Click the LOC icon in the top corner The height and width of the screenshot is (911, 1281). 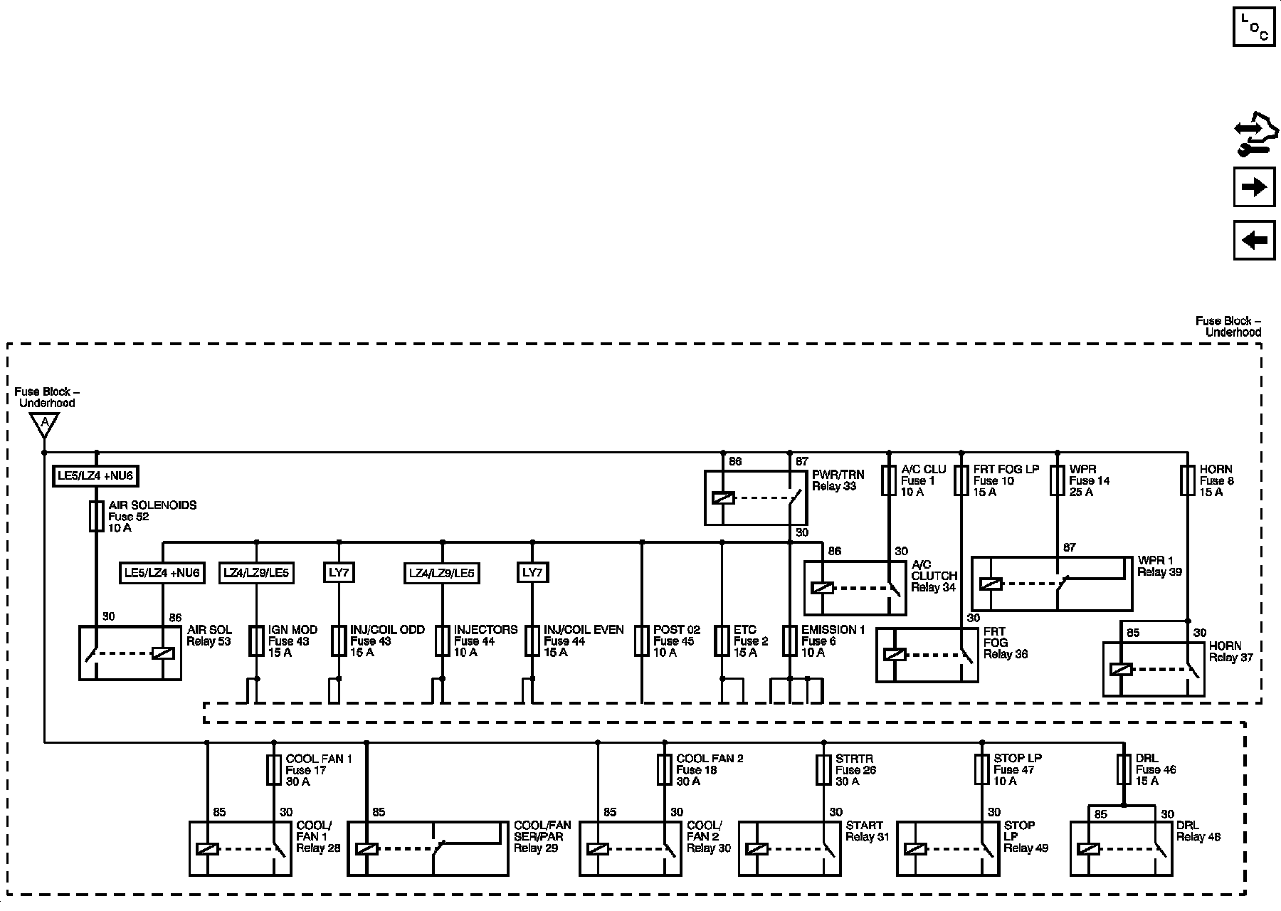[x=1254, y=26]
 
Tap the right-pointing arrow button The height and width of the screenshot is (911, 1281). [x=1254, y=187]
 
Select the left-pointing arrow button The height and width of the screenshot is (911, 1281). [x=1254, y=240]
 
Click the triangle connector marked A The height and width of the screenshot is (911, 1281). [x=44, y=425]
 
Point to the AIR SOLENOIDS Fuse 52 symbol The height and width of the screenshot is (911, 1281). [x=97, y=516]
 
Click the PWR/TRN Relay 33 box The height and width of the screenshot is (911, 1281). [x=756, y=497]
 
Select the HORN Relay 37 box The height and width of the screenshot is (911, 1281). [x=1153, y=669]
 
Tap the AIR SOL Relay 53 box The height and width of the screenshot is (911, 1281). [x=130, y=653]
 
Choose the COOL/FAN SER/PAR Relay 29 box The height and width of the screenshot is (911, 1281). [x=428, y=848]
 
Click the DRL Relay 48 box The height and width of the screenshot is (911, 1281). [x=1121, y=848]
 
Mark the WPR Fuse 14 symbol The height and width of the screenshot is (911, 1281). [x=1058, y=480]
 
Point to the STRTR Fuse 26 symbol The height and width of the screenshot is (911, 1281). [x=823, y=769]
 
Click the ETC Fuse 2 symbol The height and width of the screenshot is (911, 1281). [x=722, y=641]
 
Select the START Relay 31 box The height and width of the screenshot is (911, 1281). [x=790, y=848]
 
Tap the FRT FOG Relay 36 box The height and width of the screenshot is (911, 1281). [x=927, y=655]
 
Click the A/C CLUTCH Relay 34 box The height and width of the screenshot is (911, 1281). [x=855, y=588]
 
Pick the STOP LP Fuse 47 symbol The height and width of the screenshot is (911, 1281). [x=982, y=769]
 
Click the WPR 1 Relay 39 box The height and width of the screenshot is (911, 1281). [x=1052, y=584]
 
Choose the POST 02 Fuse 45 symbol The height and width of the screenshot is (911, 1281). [x=642, y=641]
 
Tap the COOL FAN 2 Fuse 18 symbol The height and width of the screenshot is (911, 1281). [x=664, y=769]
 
